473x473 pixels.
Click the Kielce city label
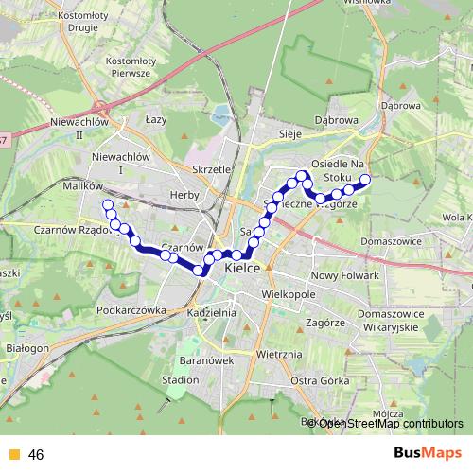pyautogui.click(x=245, y=269)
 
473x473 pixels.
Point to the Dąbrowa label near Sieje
pyautogui.click(x=335, y=121)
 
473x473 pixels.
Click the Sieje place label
pyautogui.click(x=289, y=134)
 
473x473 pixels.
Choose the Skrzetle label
pyautogui.click(x=211, y=168)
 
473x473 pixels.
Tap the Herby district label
pyautogui.click(x=184, y=195)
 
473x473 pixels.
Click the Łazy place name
pyautogui.click(x=156, y=121)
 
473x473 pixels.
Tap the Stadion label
pyautogui.click(x=180, y=379)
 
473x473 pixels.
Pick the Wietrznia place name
pyautogui.click(x=278, y=354)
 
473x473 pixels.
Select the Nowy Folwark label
pyautogui.click(x=344, y=275)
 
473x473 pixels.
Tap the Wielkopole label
pyautogui.click(x=289, y=295)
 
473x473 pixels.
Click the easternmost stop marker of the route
pyautogui.click(x=365, y=178)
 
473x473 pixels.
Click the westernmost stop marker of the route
pyautogui.click(x=107, y=205)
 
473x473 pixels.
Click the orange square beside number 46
pyautogui.click(x=13, y=455)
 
